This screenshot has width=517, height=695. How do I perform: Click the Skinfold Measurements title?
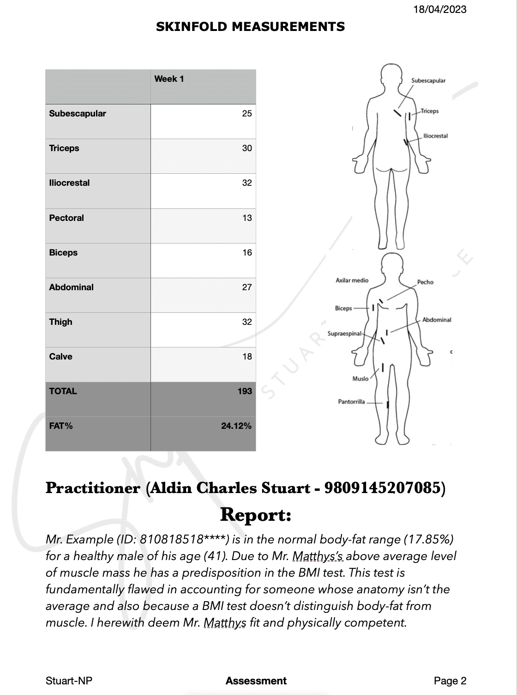(250, 27)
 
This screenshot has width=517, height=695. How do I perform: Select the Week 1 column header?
(169, 79)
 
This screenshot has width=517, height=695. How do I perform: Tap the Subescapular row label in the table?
(78, 114)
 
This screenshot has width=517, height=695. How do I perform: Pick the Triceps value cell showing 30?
(247, 148)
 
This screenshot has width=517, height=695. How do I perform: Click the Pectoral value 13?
(247, 218)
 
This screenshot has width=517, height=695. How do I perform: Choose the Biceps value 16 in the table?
(247, 253)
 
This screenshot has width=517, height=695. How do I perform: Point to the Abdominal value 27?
(247, 287)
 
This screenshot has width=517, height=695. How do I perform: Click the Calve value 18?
(247, 357)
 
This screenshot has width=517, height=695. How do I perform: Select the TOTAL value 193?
(245, 391)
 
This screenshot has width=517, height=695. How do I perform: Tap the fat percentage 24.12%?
(236, 426)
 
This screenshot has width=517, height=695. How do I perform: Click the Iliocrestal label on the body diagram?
(435, 136)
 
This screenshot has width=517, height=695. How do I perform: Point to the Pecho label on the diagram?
(425, 282)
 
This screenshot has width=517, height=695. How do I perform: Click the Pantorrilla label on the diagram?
(351, 402)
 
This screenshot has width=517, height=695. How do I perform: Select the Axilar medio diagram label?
(352, 280)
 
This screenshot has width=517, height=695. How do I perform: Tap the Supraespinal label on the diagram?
(344, 334)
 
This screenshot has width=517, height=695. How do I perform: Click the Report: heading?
(255, 514)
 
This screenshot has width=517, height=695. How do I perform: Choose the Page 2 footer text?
(450, 681)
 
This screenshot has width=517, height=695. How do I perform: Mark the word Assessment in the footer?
(256, 681)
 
